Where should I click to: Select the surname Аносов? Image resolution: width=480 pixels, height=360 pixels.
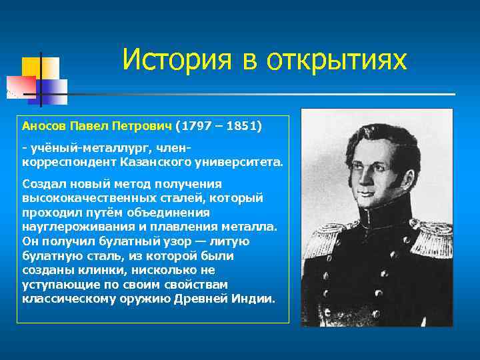pyautogui.click(x=44, y=125)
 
